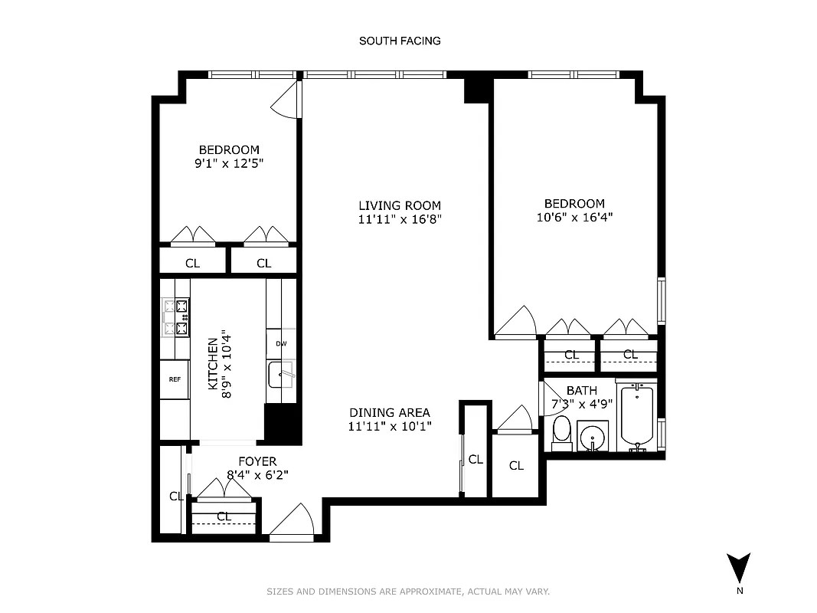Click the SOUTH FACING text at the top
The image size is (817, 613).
(x=400, y=41)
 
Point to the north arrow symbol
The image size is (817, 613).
(x=739, y=569)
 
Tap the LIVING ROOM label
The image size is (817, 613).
(x=400, y=205)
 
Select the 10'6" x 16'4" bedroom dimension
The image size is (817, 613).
(x=574, y=217)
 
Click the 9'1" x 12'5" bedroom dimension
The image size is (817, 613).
(x=229, y=163)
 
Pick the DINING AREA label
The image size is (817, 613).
(x=390, y=412)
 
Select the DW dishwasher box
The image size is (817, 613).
(x=281, y=343)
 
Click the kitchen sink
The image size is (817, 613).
(x=281, y=375)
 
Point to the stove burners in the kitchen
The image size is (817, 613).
(x=175, y=317)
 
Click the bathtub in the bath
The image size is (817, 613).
(x=637, y=415)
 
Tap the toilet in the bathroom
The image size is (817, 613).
(x=561, y=434)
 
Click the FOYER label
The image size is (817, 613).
(x=257, y=461)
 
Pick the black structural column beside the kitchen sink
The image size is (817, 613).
(x=282, y=423)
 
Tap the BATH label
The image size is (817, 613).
(x=581, y=391)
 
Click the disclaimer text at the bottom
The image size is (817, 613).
(x=408, y=592)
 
